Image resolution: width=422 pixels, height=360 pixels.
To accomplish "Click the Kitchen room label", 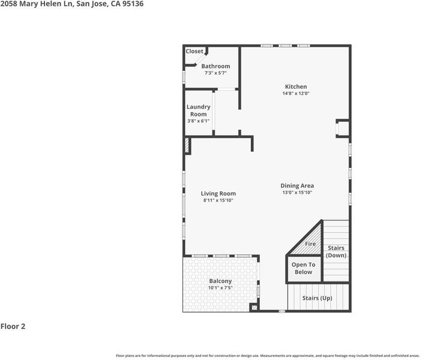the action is click(296, 86).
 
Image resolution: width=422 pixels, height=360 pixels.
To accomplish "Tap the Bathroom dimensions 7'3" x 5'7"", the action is click(216, 73).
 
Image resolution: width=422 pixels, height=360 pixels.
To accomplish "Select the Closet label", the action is click(194, 51).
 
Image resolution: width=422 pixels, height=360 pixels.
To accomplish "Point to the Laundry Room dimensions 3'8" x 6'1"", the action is click(198, 121).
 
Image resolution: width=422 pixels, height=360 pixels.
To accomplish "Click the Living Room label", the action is click(219, 193).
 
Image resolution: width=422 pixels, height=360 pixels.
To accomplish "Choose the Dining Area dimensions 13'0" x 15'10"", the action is click(297, 193).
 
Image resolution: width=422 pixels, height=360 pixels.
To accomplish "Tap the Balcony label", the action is click(220, 281).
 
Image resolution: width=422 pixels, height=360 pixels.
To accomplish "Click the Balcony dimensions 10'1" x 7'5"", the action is click(220, 288).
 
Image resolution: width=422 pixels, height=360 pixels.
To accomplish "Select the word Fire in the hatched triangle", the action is click(310, 244).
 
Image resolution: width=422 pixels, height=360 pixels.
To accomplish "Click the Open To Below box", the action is click(304, 269).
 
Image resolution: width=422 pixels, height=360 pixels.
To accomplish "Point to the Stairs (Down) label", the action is click(336, 251).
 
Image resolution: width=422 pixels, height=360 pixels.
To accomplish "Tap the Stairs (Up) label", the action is click(318, 298).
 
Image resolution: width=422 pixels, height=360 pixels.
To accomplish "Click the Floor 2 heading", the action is click(13, 326).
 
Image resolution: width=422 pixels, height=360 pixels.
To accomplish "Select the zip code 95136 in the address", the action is click(133, 4).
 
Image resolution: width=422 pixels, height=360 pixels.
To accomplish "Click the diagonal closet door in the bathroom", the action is click(201, 59).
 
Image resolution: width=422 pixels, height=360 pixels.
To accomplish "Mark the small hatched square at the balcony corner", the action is click(253, 308).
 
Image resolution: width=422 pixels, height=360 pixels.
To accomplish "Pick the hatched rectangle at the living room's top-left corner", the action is click(187, 146).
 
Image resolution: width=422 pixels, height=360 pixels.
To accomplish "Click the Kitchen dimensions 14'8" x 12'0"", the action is click(296, 94).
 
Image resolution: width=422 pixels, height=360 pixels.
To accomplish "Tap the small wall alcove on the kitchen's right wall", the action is click(343, 128).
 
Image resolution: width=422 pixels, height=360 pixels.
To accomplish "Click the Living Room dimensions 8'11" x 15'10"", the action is click(219, 200).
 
